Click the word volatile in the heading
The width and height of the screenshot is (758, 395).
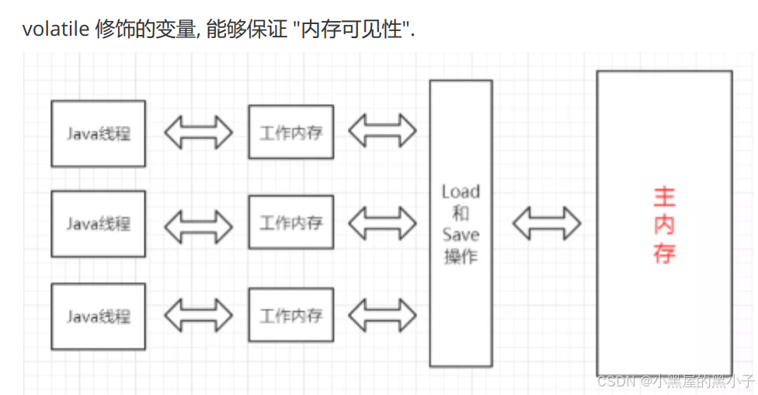(x=54, y=30)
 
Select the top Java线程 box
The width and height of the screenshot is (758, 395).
(x=98, y=133)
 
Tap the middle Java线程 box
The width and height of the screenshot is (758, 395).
(x=98, y=224)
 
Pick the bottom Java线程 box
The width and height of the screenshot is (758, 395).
(x=98, y=316)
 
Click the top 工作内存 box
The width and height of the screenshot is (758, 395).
(x=290, y=132)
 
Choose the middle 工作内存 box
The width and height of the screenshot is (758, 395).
(x=290, y=223)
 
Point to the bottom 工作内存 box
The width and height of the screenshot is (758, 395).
(x=290, y=315)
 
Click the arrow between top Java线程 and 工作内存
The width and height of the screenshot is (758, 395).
(x=198, y=132)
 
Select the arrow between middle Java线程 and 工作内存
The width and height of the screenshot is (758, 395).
(x=198, y=224)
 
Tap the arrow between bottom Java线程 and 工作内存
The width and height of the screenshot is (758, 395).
(x=198, y=316)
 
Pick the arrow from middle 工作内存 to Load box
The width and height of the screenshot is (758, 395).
(x=382, y=223)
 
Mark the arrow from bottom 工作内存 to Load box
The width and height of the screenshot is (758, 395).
(x=382, y=315)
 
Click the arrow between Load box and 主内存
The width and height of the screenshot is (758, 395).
(x=547, y=223)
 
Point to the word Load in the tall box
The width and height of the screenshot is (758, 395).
(x=461, y=191)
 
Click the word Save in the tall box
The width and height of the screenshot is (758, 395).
(x=461, y=235)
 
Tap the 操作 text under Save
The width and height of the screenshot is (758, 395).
(x=461, y=257)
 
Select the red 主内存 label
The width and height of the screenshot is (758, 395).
(x=664, y=224)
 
